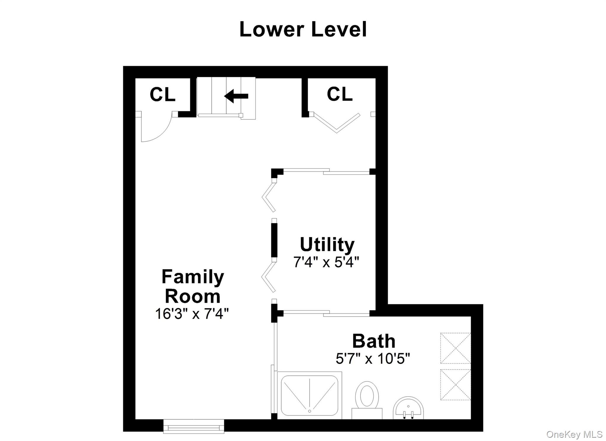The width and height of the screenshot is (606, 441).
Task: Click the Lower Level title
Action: point(303,29)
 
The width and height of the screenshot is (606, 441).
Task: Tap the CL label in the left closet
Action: point(162,94)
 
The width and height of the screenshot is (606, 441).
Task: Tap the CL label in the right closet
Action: point(339,94)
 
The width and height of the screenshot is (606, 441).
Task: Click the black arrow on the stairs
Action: point(236,96)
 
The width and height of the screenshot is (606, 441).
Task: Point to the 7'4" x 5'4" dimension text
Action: point(326,262)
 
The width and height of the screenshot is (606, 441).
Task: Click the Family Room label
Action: point(193,286)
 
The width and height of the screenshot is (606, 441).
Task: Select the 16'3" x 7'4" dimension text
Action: point(192,314)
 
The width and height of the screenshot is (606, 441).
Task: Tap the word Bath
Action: point(373,341)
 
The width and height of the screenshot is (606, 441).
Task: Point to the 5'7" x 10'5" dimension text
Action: point(373,359)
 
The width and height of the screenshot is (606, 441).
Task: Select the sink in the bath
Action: point(408,409)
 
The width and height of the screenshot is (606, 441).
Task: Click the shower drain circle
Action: point(310,411)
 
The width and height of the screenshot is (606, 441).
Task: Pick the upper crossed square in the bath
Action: point(455,348)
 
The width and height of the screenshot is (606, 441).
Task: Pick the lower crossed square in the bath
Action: point(455,384)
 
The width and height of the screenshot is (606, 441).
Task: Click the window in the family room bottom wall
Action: point(194,426)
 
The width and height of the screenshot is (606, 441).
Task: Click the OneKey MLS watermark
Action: point(574,434)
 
